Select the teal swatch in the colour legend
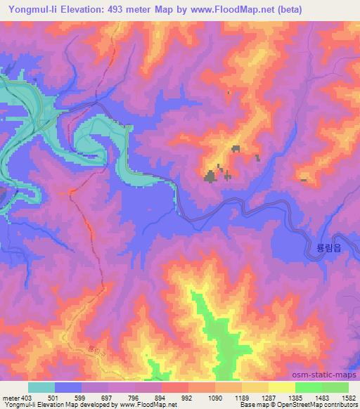[41, 387]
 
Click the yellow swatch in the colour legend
[281, 387]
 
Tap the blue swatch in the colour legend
[68, 387]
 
